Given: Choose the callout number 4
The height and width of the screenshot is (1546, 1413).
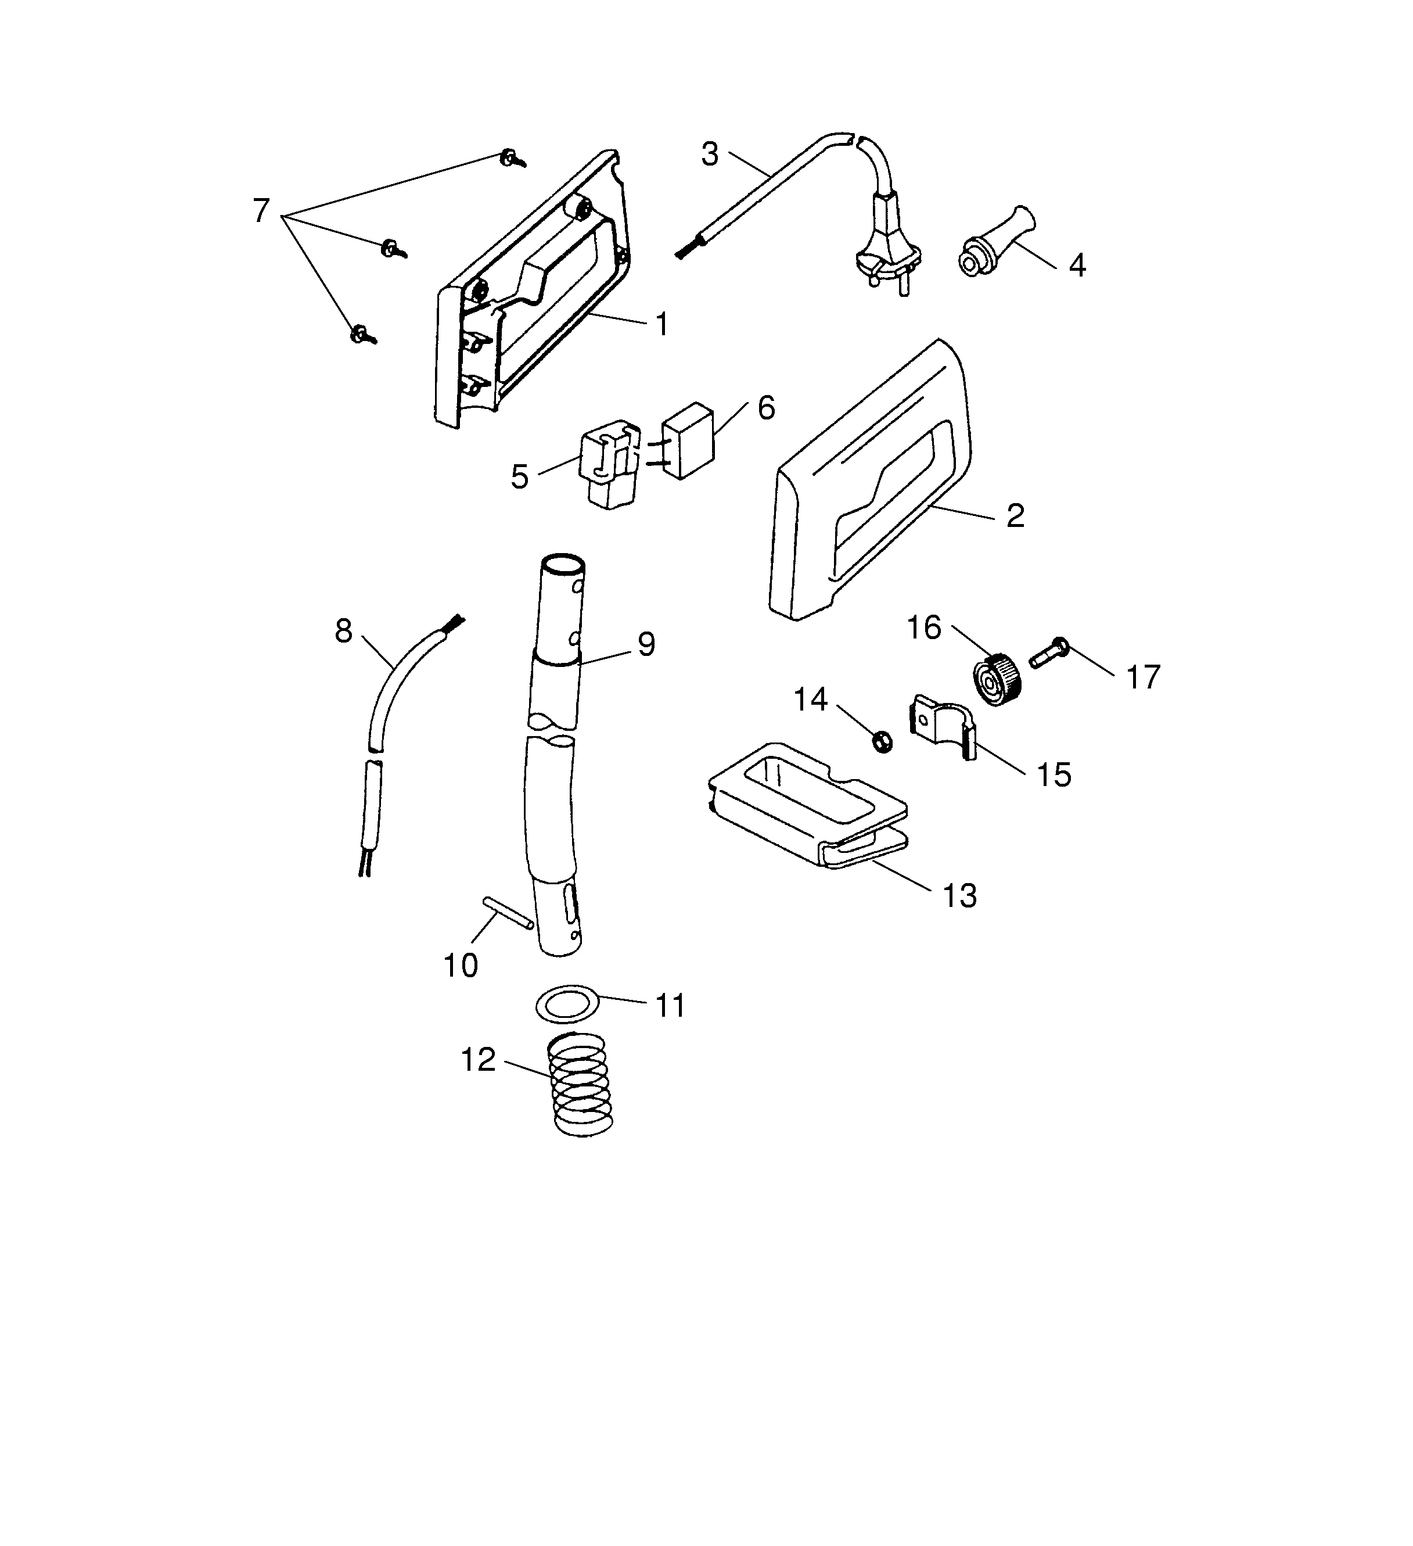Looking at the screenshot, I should point(1076,266).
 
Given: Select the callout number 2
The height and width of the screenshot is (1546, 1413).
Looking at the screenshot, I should point(1015,516).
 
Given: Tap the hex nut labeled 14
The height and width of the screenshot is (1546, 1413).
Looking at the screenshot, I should point(882,741).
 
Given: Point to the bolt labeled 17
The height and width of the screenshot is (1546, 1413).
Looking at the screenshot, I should point(1047,652).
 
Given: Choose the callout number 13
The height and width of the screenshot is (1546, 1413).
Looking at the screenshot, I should point(959,896).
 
